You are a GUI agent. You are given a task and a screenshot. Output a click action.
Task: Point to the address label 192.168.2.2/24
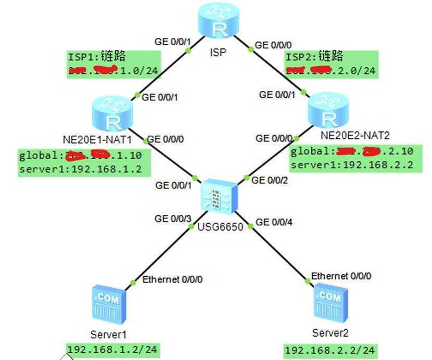[329, 351]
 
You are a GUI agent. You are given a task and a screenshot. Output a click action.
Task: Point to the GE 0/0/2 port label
[270, 180]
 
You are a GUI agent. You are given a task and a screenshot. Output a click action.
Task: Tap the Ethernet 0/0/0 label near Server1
[172, 280]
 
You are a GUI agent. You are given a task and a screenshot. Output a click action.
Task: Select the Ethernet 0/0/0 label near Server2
[341, 276]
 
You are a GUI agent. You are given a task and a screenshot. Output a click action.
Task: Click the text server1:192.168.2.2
[352, 165]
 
